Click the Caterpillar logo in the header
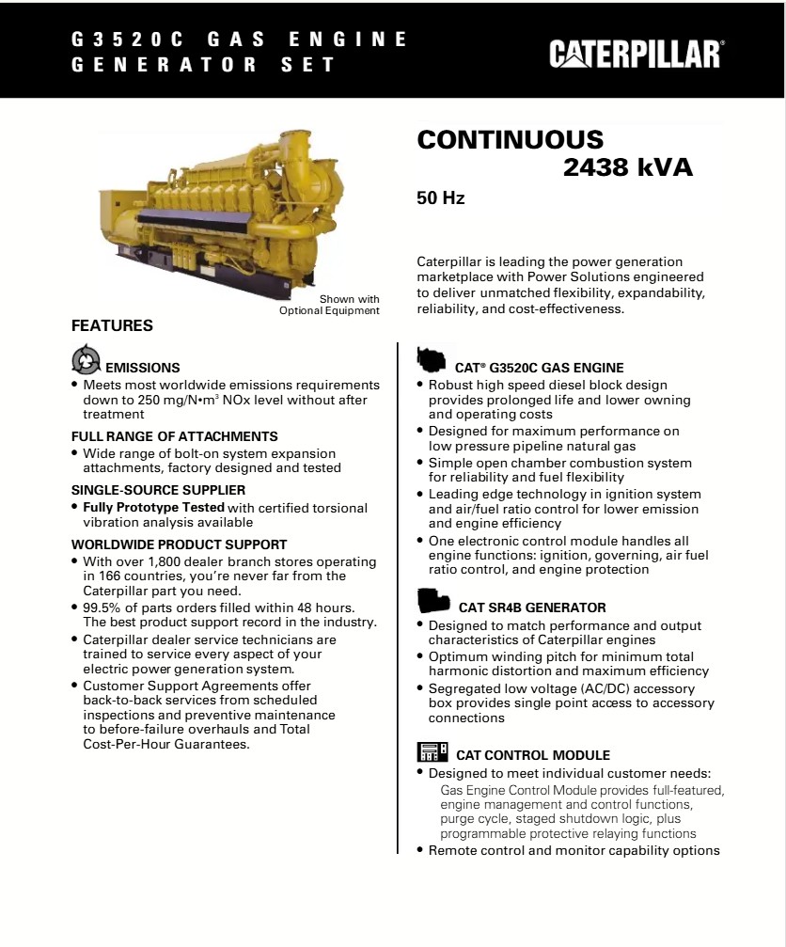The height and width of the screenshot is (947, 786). click(x=636, y=54)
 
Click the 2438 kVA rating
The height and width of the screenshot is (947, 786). click(x=627, y=168)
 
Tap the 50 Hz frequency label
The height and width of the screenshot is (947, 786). click(x=441, y=198)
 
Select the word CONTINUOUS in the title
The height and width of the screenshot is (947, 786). click(x=511, y=140)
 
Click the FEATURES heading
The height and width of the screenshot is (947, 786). click(x=112, y=326)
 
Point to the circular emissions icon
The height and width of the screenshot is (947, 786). click(x=86, y=360)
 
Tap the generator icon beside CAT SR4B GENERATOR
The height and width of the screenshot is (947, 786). click(x=432, y=600)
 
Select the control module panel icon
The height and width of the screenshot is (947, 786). click(x=432, y=752)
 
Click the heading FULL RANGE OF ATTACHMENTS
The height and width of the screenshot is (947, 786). click(x=175, y=436)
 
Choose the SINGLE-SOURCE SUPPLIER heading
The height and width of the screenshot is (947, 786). click(x=159, y=490)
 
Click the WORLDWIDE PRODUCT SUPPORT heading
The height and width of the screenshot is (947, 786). click(x=180, y=545)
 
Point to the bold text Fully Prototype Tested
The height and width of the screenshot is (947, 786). click(x=153, y=508)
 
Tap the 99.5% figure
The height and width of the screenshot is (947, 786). click(x=102, y=608)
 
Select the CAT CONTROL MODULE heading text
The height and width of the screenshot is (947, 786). click(x=533, y=755)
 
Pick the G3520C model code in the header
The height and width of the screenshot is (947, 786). click(x=119, y=39)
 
